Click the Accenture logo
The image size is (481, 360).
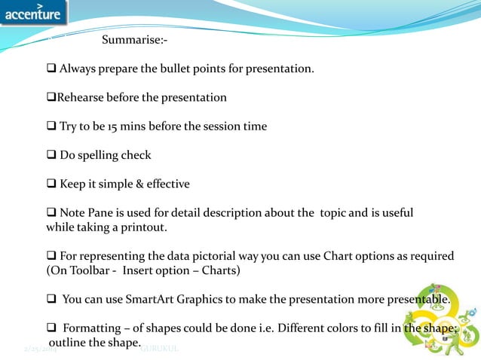click(x=34, y=13)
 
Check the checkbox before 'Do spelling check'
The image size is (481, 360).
click(x=52, y=155)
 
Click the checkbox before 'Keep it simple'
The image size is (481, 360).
click(x=52, y=184)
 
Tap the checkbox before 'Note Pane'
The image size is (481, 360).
click(x=52, y=212)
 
